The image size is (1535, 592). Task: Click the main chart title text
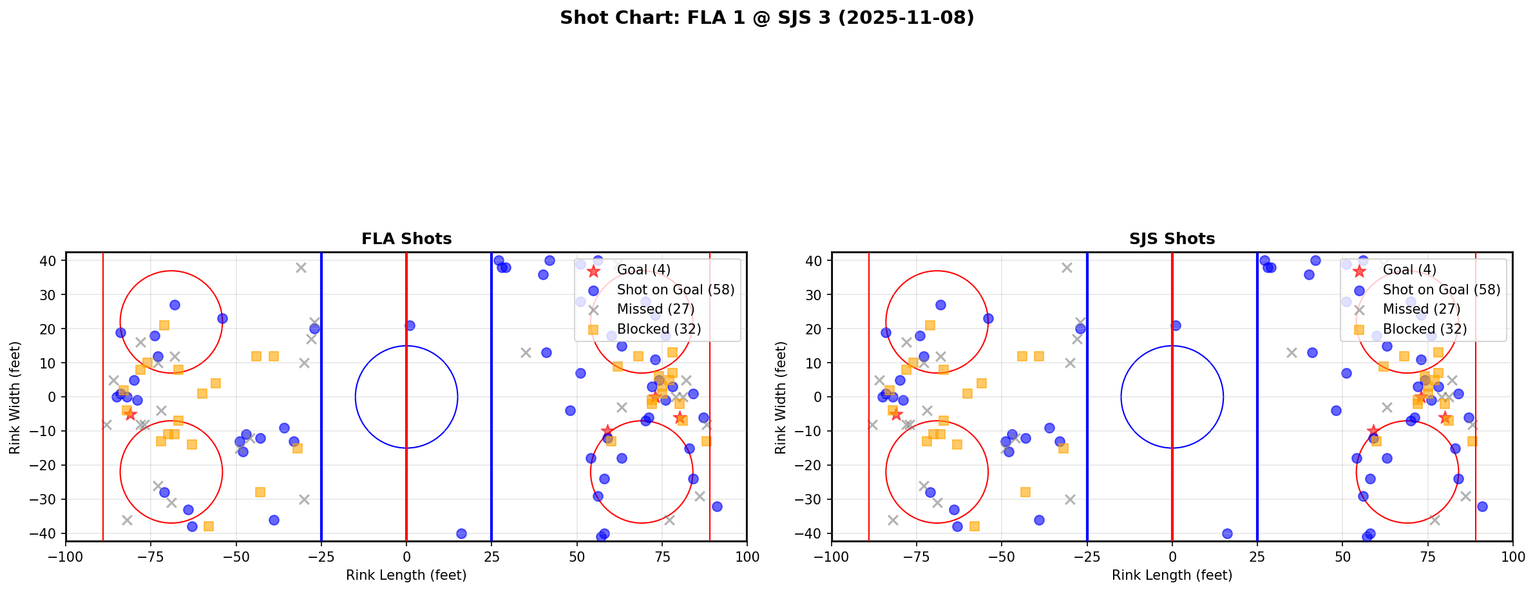767,18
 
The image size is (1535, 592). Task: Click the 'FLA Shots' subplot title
406,239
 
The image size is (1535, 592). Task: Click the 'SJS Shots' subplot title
1172,239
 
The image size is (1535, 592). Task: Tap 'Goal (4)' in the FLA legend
643,270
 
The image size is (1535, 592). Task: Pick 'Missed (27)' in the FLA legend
655,309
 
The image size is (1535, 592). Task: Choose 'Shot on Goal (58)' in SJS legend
1441,290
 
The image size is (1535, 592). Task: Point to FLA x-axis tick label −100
66,557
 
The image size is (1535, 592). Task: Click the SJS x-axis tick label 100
1512,557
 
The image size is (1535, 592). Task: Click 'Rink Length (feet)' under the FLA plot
406,575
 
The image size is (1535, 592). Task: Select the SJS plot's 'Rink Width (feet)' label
781,397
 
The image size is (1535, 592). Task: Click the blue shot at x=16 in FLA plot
461,533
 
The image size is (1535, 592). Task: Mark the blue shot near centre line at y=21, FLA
410,325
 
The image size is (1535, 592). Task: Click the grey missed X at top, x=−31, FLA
301,267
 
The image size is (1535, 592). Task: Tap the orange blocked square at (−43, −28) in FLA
260,492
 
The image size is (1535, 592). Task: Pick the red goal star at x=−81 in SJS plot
896,414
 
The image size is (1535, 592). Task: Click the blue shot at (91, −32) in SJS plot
1482,506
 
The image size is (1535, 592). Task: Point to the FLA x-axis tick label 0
406,557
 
